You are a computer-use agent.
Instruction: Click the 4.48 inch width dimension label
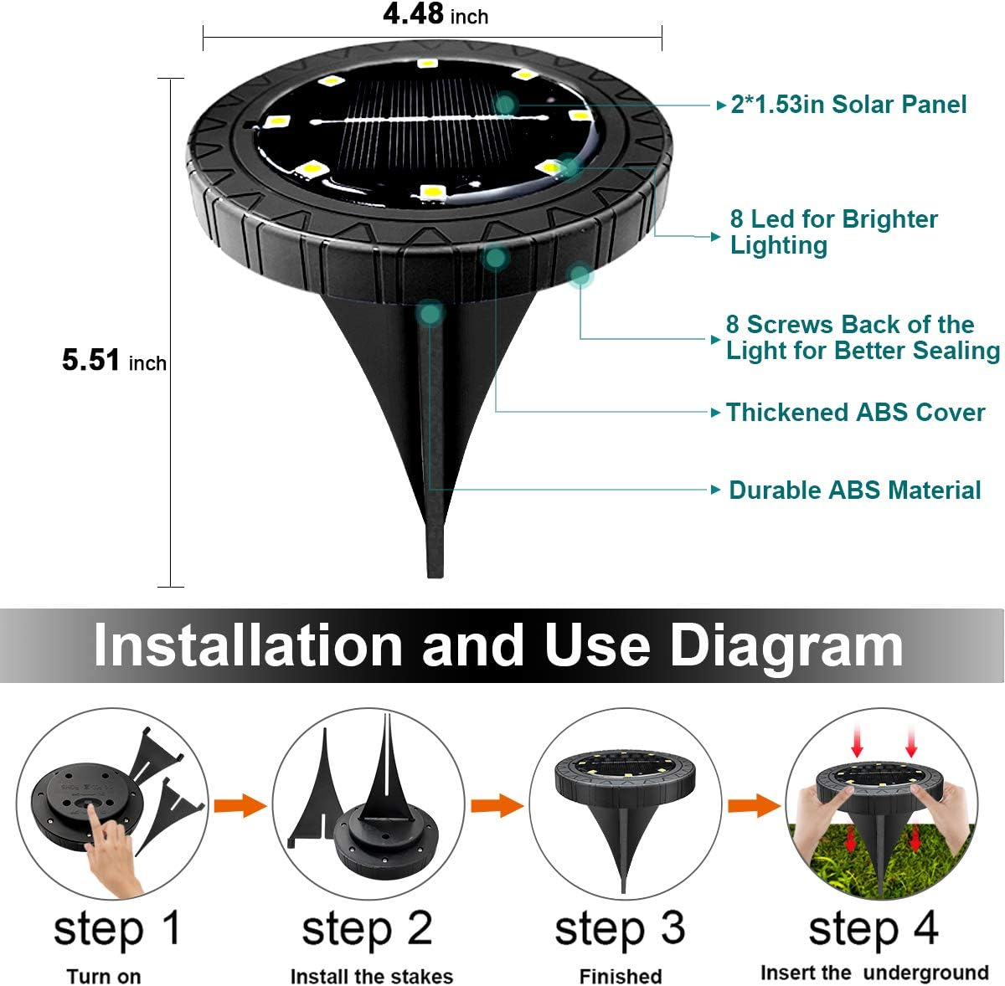coord(435,15)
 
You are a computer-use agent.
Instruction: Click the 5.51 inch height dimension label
coord(114,361)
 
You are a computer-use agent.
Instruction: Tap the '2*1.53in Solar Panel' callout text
coord(848,105)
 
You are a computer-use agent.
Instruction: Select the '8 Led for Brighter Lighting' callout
coord(833,232)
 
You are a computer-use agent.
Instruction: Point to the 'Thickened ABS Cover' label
coord(855,413)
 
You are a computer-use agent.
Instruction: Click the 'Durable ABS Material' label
coord(854,490)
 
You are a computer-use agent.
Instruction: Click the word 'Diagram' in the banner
coord(786,646)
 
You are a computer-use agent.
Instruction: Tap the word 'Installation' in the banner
coord(249,646)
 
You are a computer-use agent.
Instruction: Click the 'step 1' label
coord(117,929)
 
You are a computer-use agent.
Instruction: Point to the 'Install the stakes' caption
coord(371,977)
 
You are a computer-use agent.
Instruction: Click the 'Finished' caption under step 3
coord(620,977)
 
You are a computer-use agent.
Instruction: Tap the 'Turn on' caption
coord(104,977)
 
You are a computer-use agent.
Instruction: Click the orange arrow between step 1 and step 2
coord(240,806)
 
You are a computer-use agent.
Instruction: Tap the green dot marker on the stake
coord(430,314)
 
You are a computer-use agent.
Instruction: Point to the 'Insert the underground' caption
coord(874,973)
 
